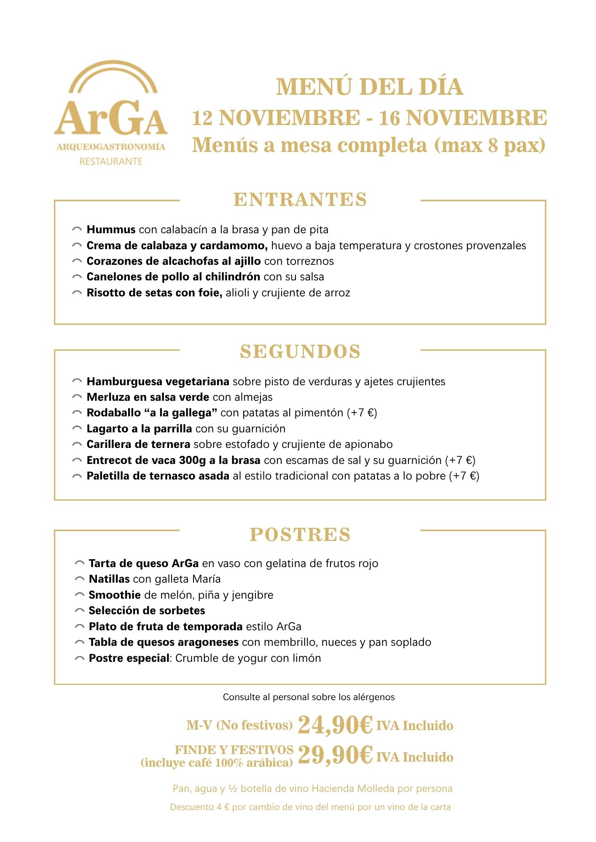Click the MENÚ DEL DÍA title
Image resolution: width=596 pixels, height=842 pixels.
click(369, 87)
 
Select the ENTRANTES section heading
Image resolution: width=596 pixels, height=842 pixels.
click(300, 200)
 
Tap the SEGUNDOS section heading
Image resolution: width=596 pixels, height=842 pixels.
click(300, 352)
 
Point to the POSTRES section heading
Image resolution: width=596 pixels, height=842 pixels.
click(300, 534)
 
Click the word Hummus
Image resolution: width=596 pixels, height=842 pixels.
click(111, 229)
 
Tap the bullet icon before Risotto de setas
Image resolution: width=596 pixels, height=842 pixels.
click(77, 293)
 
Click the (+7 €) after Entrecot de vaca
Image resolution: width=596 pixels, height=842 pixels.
click(460, 460)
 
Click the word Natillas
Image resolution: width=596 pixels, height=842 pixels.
click(109, 579)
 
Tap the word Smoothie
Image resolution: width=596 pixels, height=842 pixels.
click(115, 595)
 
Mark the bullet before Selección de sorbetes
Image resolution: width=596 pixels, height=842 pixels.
click(79, 611)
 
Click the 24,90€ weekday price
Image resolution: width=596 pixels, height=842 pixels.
click(335, 725)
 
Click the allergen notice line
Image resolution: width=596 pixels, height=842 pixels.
click(309, 697)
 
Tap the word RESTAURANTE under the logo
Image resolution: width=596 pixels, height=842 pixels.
click(111, 161)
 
